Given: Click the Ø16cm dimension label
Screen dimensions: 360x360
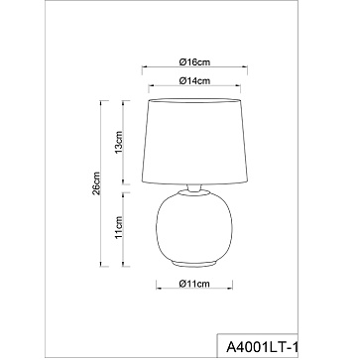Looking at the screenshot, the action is click(194, 61).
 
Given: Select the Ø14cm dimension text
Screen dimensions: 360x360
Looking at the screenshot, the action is click(194, 80).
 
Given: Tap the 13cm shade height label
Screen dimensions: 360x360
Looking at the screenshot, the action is click(119, 142).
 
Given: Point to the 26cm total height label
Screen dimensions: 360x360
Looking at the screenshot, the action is click(96, 183).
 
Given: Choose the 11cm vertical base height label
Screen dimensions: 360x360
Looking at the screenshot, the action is click(119, 227).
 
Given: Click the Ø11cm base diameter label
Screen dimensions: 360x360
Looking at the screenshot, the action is click(194, 284).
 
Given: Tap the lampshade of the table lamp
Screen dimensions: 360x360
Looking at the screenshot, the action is click(194, 141).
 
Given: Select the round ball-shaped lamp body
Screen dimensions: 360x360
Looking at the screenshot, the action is click(194, 228).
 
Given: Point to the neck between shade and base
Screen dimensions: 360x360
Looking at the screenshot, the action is click(194, 187).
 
